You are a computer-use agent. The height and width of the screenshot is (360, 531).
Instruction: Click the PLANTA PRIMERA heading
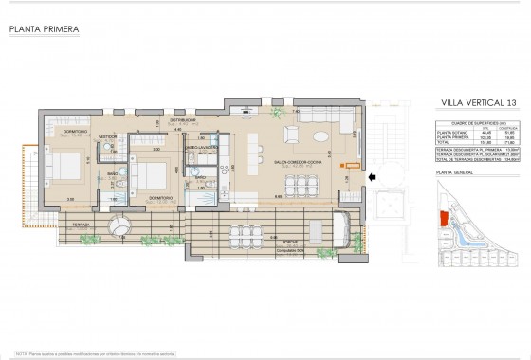tap(43, 29)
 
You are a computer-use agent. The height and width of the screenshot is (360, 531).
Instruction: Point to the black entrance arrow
tap(372, 175)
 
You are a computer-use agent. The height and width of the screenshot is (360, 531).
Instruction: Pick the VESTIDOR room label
tap(108, 136)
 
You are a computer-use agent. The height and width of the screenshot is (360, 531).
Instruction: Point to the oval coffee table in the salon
tap(322, 135)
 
